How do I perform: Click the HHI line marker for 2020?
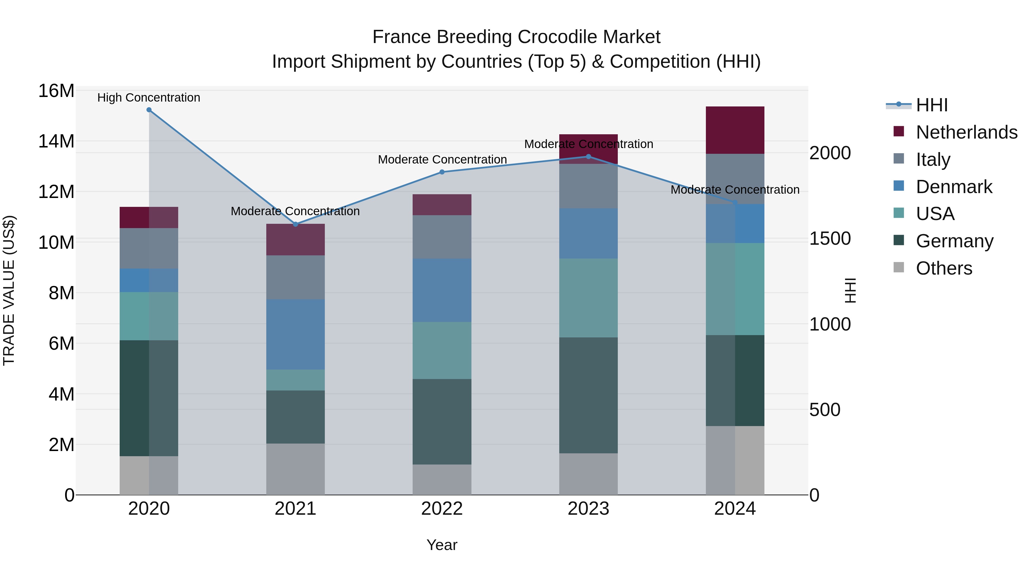[149, 110]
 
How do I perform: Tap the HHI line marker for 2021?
[296, 224]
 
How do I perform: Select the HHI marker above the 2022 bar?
[442, 172]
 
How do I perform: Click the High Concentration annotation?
[149, 98]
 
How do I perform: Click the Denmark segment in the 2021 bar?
[296, 335]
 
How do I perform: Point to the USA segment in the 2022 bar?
[442, 350]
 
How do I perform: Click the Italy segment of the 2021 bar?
[296, 277]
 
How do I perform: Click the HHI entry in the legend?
[931, 105]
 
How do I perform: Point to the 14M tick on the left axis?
[56, 141]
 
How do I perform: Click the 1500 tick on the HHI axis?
[830, 239]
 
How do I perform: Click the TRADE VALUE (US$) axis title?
[9, 290]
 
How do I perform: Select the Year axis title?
[442, 545]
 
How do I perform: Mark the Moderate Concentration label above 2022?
[442, 160]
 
